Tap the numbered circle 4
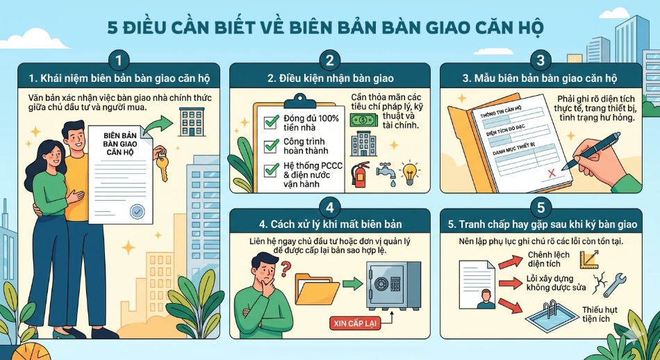coord(330,208)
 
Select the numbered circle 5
coord(541,208)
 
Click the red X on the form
coord(553,171)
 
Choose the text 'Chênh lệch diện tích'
coord(549,259)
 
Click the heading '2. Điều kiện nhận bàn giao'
coord(330,78)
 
